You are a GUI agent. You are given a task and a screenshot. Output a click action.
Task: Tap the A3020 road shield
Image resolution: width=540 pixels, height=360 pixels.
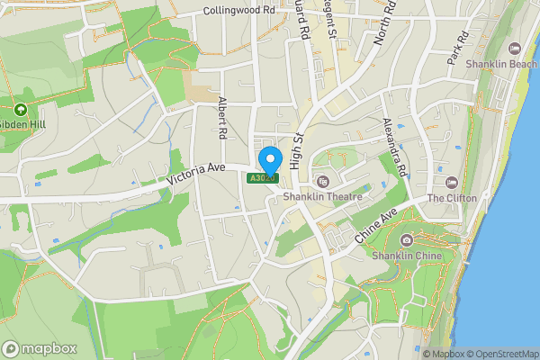click(263, 179)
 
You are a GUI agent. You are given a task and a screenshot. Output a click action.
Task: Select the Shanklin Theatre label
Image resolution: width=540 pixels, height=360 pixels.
click(322, 197)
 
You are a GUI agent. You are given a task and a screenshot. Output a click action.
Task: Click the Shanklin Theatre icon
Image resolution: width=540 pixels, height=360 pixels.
click(323, 182)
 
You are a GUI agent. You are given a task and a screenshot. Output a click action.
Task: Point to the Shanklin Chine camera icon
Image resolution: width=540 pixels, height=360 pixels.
click(407, 239)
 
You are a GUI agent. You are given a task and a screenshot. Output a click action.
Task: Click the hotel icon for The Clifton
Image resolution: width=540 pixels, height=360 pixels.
click(453, 183)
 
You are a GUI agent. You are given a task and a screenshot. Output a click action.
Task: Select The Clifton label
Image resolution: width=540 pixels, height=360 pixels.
click(450, 198)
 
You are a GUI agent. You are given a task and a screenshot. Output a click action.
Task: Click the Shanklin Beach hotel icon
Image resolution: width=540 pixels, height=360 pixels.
click(515, 49)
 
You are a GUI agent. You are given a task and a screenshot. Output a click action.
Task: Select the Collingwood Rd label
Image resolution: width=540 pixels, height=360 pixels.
click(238, 10)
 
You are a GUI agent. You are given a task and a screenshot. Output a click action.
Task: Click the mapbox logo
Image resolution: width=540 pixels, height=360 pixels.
click(40, 348)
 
